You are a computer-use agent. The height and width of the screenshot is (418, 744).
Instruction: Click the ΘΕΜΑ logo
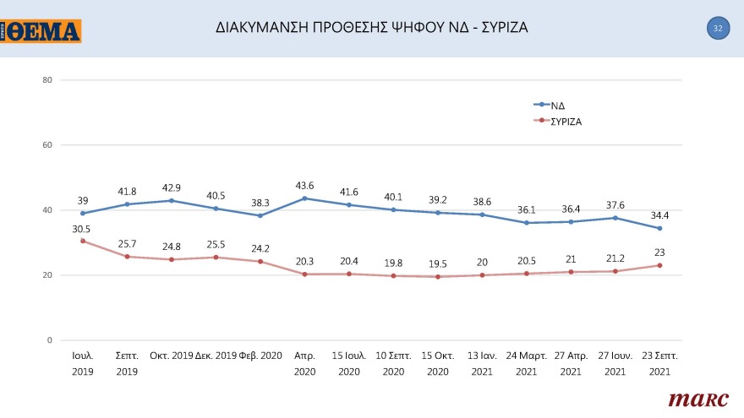tap(41, 31)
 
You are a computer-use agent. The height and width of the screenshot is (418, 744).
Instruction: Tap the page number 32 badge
tap(717, 28)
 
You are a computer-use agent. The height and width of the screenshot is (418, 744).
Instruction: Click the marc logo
tap(692, 399)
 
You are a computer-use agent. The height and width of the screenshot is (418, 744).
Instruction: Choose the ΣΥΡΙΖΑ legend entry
tap(566, 121)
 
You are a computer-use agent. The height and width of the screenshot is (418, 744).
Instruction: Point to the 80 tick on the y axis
tap(47, 80)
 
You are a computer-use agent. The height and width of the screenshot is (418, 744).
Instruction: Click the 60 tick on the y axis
tap(47, 145)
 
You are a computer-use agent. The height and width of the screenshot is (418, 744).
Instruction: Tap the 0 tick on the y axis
tap(50, 340)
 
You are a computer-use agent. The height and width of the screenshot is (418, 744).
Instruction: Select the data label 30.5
tap(82, 228)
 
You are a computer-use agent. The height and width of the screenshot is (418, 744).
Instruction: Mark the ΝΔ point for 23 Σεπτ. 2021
tap(659, 228)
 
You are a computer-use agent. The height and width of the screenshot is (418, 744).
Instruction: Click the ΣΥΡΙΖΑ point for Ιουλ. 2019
tap(83, 241)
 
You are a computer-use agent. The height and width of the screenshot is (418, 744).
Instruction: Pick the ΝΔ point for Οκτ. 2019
tap(172, 200)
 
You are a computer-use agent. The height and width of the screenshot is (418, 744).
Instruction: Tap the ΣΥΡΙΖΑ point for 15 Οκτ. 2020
tap(438, 277)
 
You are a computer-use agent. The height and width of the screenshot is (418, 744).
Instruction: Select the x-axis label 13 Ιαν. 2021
tap(482, 363)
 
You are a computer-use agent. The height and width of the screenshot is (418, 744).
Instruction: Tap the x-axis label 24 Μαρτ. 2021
tap(526, 363)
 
